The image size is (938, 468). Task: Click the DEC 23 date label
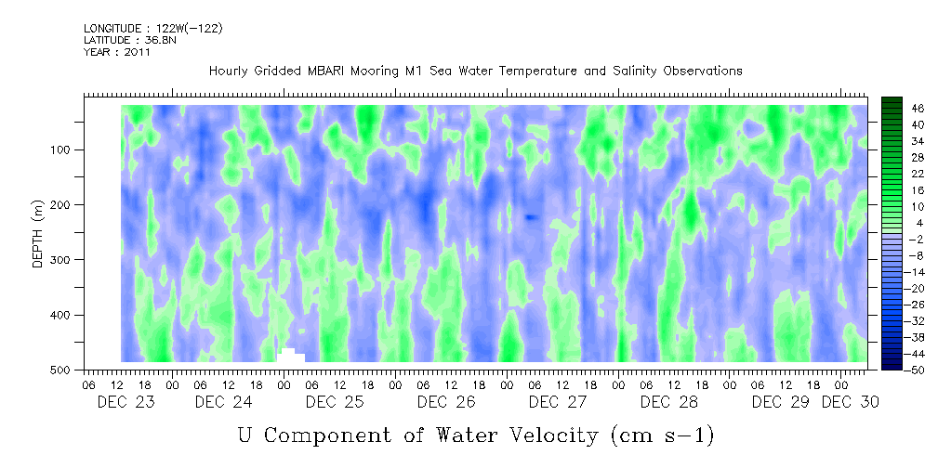point(126,402)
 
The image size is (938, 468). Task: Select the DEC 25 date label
point(334,402)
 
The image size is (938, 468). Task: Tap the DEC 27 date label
point(557,402)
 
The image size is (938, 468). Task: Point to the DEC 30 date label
point(850,402)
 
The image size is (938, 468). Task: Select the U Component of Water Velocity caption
point(476,435)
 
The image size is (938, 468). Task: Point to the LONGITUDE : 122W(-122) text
point(153,29)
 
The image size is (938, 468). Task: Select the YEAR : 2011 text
point(116,52)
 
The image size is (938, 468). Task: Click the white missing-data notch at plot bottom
point(290,355)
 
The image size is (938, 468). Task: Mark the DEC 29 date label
point(780,402)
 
